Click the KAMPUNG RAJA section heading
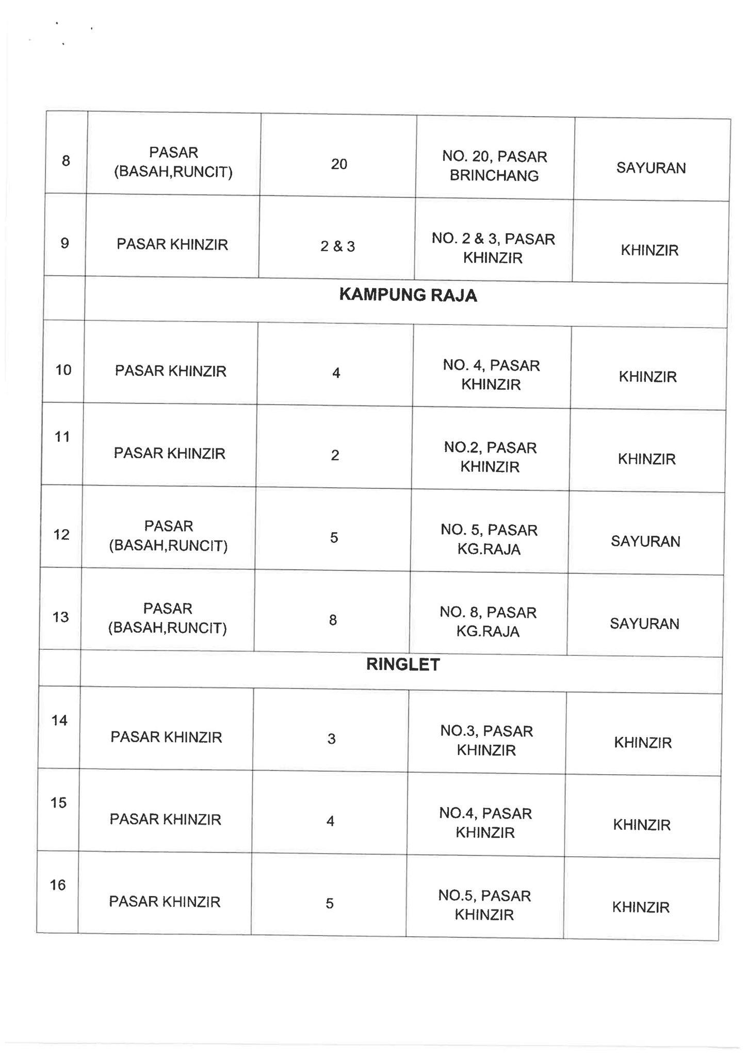[408, 296]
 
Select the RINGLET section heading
[402, 665]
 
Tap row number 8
[66, 161]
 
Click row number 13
[61, 617]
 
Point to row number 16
[58, 886]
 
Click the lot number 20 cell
[339, 164]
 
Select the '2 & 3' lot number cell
[337, 247]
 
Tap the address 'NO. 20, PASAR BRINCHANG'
[494, 166]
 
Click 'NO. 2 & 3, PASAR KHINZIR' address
[493, 248]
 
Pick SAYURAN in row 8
[651, 168]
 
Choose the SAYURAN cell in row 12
[645, 541]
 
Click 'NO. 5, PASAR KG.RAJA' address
[489, 539]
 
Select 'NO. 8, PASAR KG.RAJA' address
[488, 622]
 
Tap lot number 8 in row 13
[333, 620]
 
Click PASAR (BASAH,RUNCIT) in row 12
[168, 536]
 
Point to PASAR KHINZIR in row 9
[172, 244]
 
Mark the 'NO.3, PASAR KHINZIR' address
[486, 740]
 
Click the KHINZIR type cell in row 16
[641, 908]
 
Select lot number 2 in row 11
[335, 455]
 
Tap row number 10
[63, 370]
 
